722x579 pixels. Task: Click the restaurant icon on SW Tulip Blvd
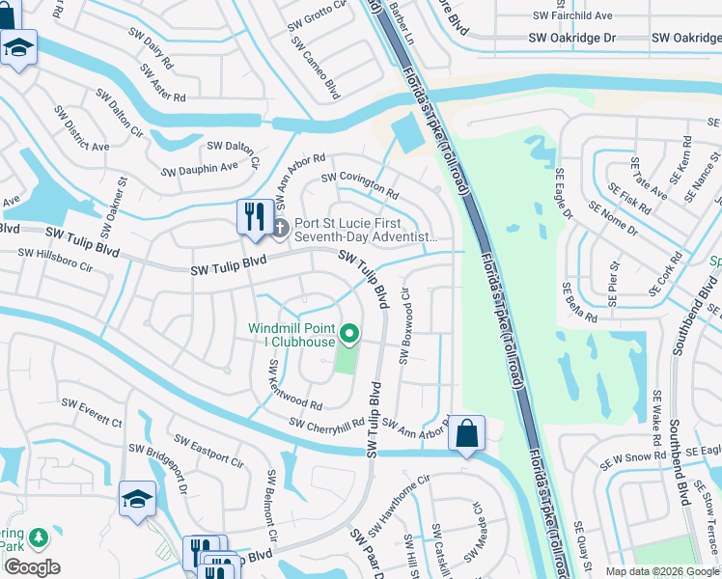255,215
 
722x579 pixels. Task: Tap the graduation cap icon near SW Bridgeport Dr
137,500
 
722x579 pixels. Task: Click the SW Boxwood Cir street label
404,328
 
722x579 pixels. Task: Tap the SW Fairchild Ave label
572,16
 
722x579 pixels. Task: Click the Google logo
31,567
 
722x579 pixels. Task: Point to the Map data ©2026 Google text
661,571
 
